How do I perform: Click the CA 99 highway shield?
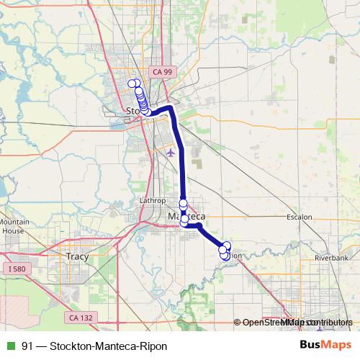[162, 71]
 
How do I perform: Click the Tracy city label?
[76, 256]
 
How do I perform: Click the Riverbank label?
[331, 257]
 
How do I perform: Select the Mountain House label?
[14, 227]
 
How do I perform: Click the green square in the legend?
[9, 346]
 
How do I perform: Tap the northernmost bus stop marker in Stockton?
[132, 84]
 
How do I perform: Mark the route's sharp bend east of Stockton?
[171, 108]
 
